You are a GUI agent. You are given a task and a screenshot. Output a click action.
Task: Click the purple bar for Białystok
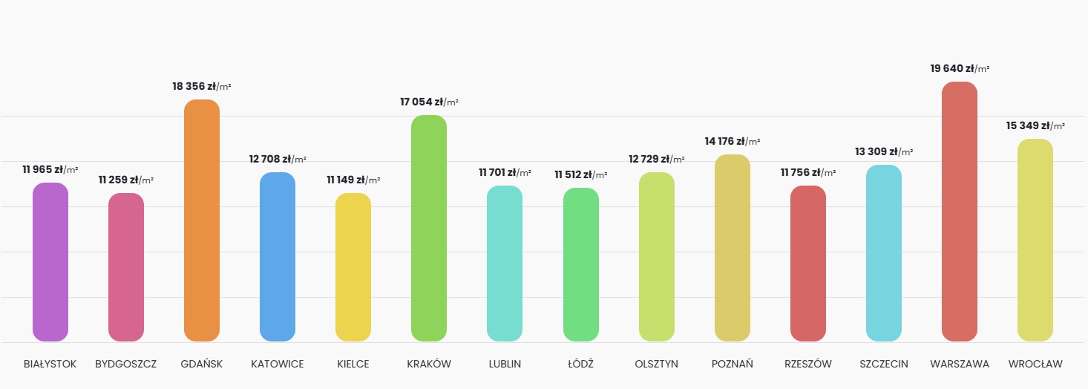[50, 262]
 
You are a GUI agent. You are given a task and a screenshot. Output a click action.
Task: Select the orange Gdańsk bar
[202, 220]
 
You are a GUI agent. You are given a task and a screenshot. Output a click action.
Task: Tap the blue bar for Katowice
[278, 257]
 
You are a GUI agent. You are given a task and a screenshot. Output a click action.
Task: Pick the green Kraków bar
[429, 229]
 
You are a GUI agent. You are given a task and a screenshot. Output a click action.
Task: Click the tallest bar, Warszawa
[960, 212]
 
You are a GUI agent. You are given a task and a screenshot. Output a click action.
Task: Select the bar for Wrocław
[1035, 241]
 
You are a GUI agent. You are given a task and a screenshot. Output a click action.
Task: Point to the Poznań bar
[733, 248]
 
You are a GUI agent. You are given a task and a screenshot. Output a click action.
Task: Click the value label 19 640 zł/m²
[960, 68]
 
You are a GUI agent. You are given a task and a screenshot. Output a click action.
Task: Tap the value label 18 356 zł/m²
[202, 86]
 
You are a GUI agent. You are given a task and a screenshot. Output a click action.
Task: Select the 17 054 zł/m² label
[429, 102]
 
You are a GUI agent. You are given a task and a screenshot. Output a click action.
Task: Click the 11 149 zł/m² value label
[353, 180]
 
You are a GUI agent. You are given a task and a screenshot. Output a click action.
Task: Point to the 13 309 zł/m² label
[884, 151]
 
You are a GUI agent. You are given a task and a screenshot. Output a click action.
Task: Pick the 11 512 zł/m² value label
[581, 174]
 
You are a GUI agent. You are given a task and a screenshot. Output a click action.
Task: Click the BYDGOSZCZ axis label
[126, 364]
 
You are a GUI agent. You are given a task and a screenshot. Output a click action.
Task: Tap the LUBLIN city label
[505, 364]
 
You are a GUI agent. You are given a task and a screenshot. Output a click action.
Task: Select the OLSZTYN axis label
[657, 364]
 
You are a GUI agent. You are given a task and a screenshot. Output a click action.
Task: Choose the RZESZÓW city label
[808, 364]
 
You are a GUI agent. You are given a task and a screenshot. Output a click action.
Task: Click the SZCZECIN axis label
[884, 364]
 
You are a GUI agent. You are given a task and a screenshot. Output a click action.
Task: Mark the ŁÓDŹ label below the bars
[581, 364]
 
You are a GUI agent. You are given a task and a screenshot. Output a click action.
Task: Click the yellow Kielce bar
[353, 267]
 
